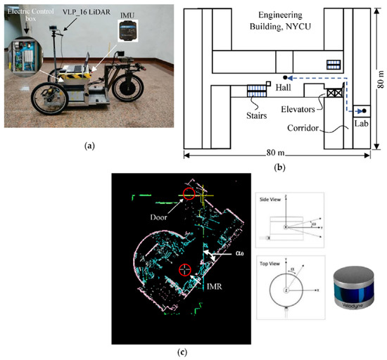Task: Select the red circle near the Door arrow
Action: point(188,195)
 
